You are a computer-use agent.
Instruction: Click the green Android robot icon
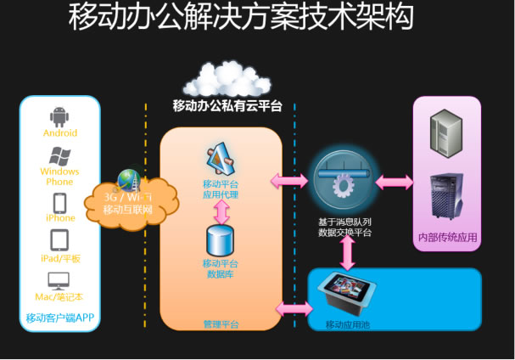pyautogui.click(x=59, y=116)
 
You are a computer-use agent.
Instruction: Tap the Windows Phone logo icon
pyautogui.click(x=59, y=155)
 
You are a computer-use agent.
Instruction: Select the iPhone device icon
pyautogui.click(x=59, y=203)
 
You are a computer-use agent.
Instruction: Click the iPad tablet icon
pyautogui.click(x=59, y=241)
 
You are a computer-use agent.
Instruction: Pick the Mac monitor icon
pyautogui.click(x=59, y=281)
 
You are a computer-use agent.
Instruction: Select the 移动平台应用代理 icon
pyautogui.click(x=221, y=160)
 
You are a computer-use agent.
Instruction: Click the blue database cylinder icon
pyautogui.click(x=221, y=242)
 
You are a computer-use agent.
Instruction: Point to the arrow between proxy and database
pyautogui.click(x=221, y=212)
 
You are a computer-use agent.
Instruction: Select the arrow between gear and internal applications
pyautogui.click(x=395, y=182)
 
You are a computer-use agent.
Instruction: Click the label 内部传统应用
pyautogui.click(x=446, y=236)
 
